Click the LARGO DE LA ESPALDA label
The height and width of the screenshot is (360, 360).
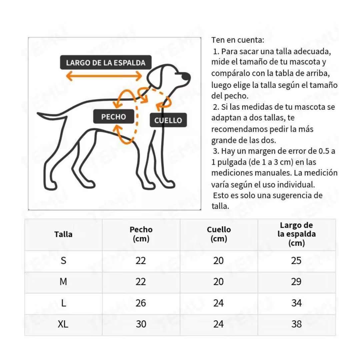click(x=105, y=63)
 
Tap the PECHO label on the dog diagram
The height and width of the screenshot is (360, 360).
click(x=114, y=117)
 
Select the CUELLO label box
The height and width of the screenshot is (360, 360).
click(x=168, y=120)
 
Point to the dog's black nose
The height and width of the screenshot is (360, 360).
click(x=187, y=77)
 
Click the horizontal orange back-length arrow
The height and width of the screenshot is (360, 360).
click(x=104, y=76)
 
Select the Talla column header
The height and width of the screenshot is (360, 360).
click(x=63, y=234)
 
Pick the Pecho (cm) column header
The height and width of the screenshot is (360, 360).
click(x=141, y=234)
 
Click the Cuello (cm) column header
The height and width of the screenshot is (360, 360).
click(x=219, y=234)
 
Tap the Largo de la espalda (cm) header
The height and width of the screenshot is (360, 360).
click(x=296, y=234)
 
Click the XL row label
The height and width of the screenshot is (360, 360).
click(x=63, y=324)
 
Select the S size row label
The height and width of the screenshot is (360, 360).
click(x=63, y=261)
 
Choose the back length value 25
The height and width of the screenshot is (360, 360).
click(x=296, y=261)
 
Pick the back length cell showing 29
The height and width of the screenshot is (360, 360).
click(x=296, y=282)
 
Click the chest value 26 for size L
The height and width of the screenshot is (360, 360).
click(x=141, y=303)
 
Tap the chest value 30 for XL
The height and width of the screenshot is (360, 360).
click(x=141, y=324)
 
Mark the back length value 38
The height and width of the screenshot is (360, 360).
click(x=296, y=324)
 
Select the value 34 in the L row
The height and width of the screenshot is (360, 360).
click(x=296, y=303)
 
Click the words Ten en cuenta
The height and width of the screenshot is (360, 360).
click(x=238, y=40)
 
